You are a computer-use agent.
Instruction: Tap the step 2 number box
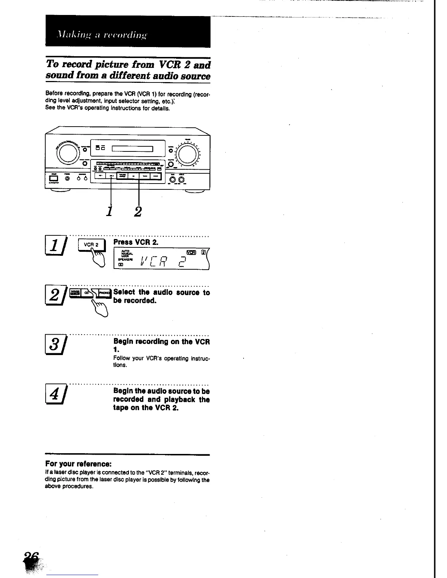coord(54,295)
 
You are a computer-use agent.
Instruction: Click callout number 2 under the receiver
coord(137,211)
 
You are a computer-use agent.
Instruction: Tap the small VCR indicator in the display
coord(191,252)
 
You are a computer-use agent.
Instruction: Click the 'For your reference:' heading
coord(78,464)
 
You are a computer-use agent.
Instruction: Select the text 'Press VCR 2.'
coord(136,242)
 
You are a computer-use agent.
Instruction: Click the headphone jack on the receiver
coord(68,179)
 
